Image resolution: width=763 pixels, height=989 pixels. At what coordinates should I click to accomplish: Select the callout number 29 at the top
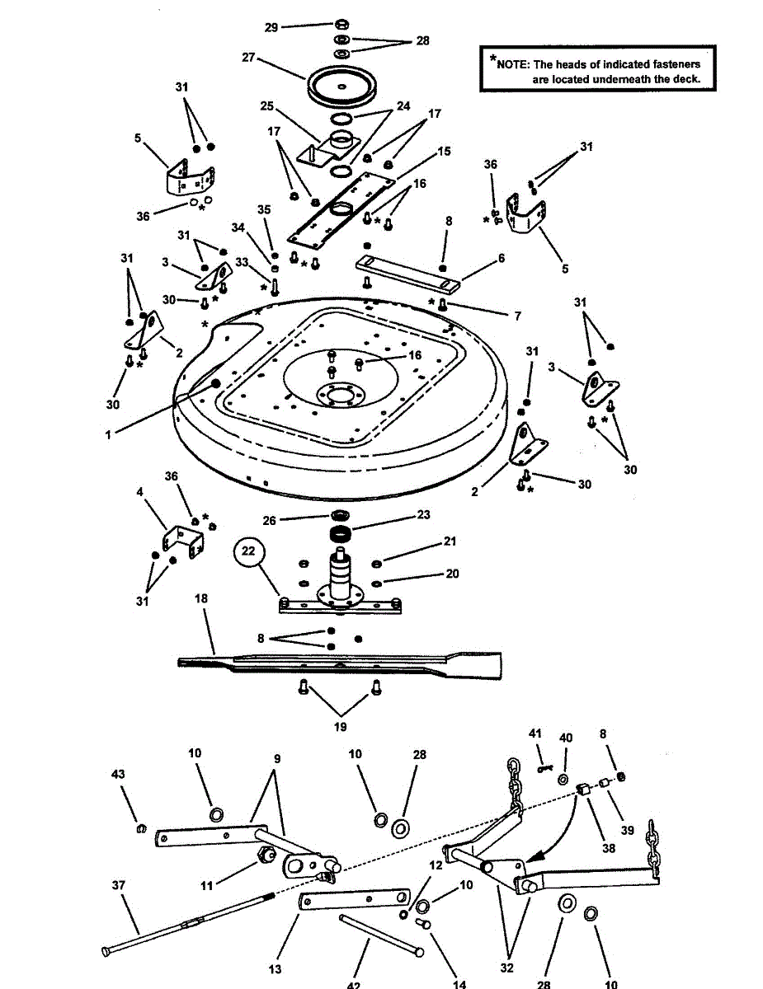click(x=271, y=27)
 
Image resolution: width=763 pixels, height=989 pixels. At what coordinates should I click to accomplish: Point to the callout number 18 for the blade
click(x=201, y=599)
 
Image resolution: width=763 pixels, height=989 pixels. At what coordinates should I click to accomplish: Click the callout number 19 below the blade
click(x=340, y=727)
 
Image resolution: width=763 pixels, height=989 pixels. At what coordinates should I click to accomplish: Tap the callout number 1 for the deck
click(x=107, y=434)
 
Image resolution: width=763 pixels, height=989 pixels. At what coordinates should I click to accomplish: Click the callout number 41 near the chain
click(x=535, y=734)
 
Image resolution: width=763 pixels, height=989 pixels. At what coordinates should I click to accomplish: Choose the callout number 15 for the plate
click(x=444, y=152)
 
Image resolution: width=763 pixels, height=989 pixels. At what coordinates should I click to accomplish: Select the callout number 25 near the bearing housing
click(x=266, y=106)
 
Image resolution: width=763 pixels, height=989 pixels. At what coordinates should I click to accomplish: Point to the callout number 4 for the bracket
click(x=139, y=492)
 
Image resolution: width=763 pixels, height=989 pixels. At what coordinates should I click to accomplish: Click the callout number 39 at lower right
click(x=628, y=830)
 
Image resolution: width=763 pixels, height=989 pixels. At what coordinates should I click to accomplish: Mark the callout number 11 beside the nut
click(x=207, y=885)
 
